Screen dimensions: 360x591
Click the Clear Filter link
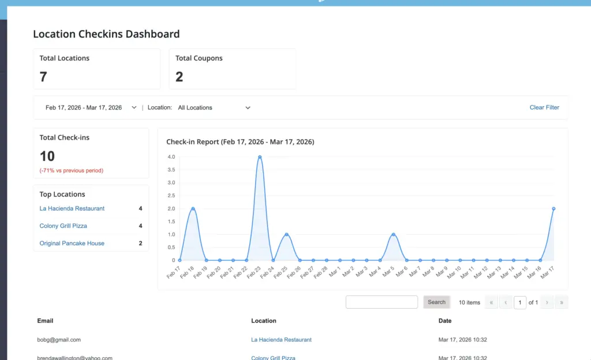[x=544, y=107]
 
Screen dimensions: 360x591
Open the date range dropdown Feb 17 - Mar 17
[x=91, y=107]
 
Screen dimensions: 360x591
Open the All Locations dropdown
[x=214, y=107]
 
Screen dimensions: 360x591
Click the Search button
[x=436, y=302]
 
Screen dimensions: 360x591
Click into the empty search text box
[x=381, y=302]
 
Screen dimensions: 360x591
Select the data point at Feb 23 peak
[x=260, y=157]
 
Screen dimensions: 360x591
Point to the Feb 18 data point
[x=193, y=209]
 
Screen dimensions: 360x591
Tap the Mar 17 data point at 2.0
[x=553, y=209]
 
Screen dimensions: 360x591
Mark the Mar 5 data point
[x=393, y=235]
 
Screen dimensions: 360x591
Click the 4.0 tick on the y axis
[x=171, y=157]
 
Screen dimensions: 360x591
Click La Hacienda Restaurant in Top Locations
[x=72, y=209]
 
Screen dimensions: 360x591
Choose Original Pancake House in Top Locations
[x=72, y=243]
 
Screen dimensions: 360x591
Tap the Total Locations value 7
[x=43, y=77]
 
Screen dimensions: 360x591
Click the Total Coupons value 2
[x=179, y=77]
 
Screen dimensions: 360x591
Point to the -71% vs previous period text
[x=72, y=171]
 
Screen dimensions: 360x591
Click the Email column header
[x=46, y=321]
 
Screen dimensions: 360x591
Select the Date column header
[x=445, y=321]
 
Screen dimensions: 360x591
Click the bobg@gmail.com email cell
[x=59, y=340]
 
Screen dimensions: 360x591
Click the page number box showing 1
[x=520, y=302]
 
